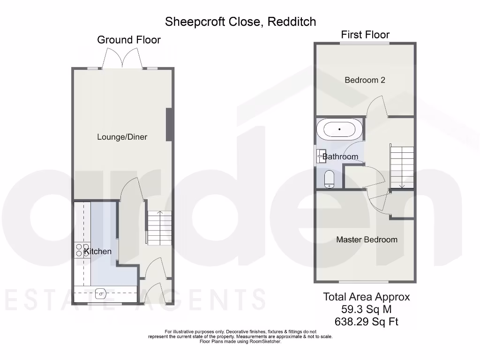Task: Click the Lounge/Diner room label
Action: [122, 137]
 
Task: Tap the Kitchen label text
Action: [97, 251]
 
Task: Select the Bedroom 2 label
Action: [365, 80]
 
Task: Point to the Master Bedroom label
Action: [367, 240]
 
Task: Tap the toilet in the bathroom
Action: [329, 179]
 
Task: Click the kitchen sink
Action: [101, 294]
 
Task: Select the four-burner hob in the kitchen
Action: [82, 250]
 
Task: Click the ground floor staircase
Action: [160, 228]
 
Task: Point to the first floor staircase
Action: [402, 167]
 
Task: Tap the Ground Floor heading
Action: [129, 40]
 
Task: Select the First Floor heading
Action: [365, 34]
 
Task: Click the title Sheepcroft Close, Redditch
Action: [240, 22]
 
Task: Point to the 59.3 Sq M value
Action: [367, 309]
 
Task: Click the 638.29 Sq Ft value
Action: [367, 322]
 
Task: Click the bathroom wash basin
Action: [322, 156]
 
